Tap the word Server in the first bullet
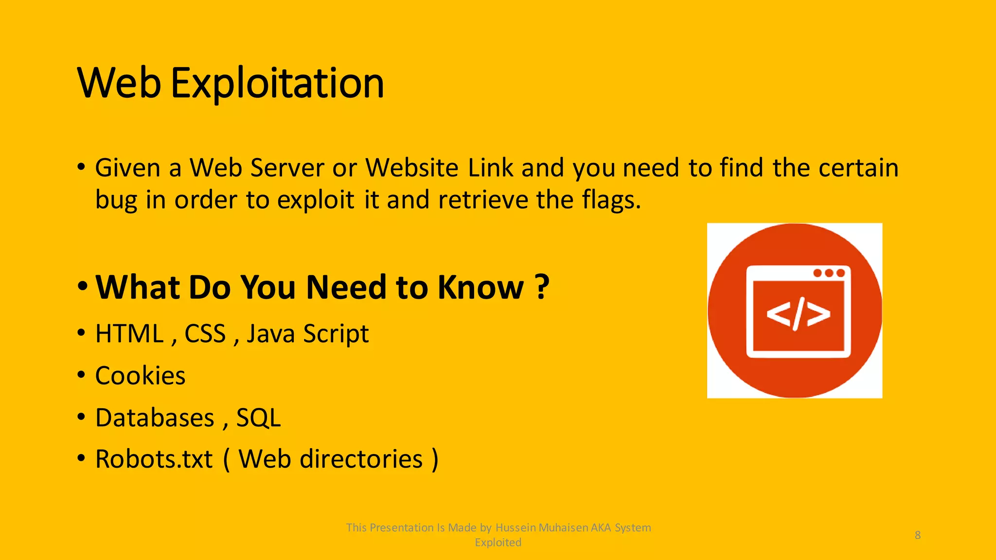(287, 168)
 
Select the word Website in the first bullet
(411, 168)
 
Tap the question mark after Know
(542, 287)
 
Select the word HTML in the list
(129, 334)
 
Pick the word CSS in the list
(205, 334)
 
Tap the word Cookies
(140, 376)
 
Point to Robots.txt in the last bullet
(154, 459)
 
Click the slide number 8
(917, 535)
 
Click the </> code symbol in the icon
(798, 314)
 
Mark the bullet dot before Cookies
(81, 375)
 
